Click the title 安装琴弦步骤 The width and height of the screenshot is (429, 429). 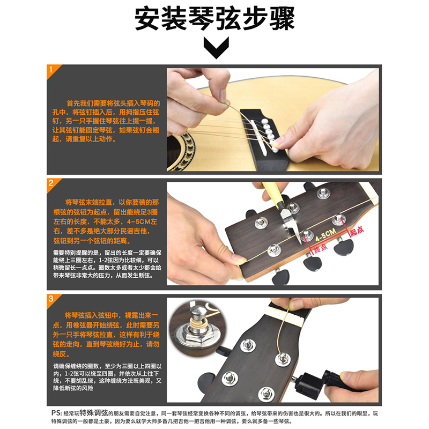pyautogui.click(x=215, y=19)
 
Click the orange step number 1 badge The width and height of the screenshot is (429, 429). pyautogui.click(x=52, y=70)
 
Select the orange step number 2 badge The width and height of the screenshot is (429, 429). pyautogui.click(x=52, y=184)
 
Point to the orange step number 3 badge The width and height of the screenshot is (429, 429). pyautogui.click(x=52, y=300)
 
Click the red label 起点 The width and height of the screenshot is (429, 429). pyautogui.click(x=357, y=231)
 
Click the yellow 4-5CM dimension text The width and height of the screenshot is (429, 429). pyautogui.click(x=326, y=235)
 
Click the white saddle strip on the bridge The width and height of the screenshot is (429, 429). pyautogui.click(x=258, y=138)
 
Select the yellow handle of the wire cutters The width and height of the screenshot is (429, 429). pyautogui.click(x=271, y=194)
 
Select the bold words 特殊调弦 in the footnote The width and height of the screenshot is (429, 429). pyautogui.click(x=94, y=412)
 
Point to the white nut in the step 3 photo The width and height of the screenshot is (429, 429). pyautogui.click(x=286, y=315)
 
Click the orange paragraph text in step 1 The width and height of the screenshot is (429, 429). pyautogui.click(x=106, y=121)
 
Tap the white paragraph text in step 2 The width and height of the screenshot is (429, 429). pyautogui.click(x=107, y=264)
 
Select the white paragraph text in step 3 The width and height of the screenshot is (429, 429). pyautogui.click(x=107, y=377)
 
